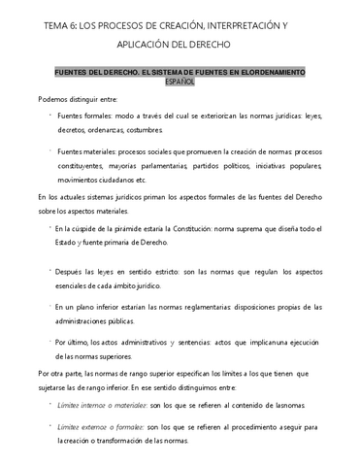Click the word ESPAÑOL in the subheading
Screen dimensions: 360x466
pos(180,82)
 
